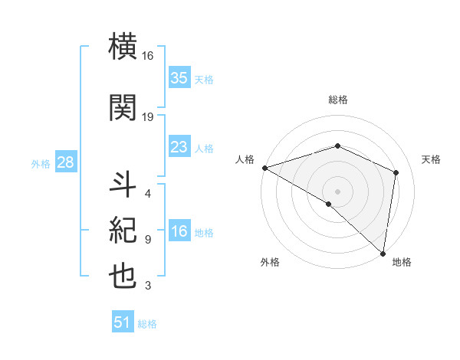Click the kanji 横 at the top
(x=123, y=49)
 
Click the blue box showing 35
(x=179, y=78)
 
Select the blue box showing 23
(x=179, y=147)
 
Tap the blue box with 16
(x=179, y=232)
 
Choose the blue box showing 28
(x=64, y=162)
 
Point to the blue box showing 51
(x=123, y=322)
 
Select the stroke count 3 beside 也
(x=147, y=286)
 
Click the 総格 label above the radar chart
(x=337, y=100)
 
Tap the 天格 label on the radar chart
(x=432, y=159)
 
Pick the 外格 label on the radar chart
(x=269, y=262)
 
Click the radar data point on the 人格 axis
(x=264, y=168)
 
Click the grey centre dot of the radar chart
(x=337, y=191)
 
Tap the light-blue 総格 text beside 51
(x=147, y=324)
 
